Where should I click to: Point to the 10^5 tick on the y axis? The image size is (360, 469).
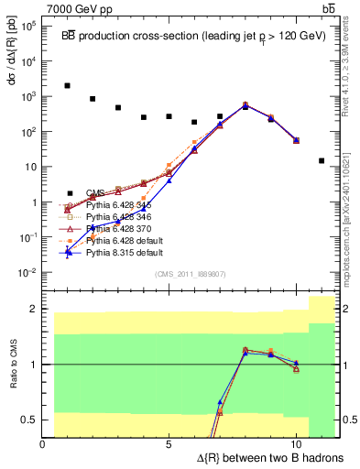pos(28,26)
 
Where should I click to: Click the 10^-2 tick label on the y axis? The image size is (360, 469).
pos(27,273)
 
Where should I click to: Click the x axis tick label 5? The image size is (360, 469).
pos(169,443)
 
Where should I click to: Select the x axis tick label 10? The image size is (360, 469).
pos(296,443)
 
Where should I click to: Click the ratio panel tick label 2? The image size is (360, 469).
pos(34,309)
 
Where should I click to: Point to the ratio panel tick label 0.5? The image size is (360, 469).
pos(29,420)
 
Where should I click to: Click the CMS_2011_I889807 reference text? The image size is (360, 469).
pos(191,273)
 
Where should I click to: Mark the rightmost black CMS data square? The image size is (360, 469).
pos(321,160)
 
